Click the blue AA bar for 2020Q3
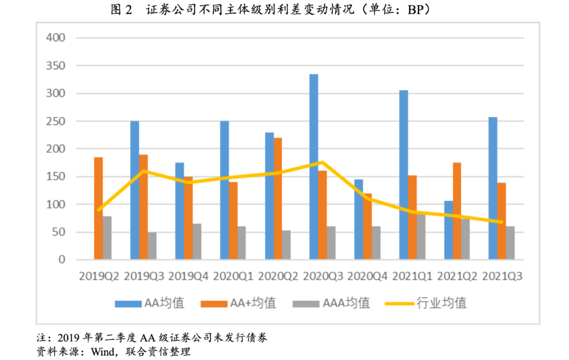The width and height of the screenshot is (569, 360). click(313, 167)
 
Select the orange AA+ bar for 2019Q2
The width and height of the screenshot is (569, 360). click(98, 208)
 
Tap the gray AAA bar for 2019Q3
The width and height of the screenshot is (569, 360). click(152, 246)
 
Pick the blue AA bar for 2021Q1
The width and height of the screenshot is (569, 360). click(403, 174)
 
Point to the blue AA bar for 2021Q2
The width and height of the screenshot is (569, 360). click(448, 230)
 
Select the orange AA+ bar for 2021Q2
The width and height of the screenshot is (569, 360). click(457, 211)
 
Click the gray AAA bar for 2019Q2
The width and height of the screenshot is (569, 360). click(107, 238)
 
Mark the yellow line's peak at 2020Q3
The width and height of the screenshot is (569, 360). click(322, 162)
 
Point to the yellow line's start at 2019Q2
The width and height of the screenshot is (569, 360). click(99, 210)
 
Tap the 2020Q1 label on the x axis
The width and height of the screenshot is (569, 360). click(233, 276)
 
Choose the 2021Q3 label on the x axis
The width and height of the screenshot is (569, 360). click(502, 276)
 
